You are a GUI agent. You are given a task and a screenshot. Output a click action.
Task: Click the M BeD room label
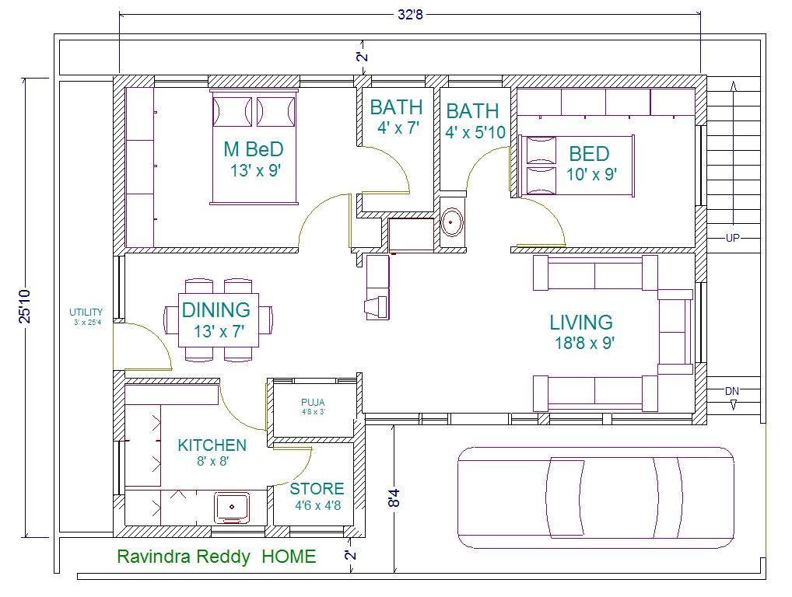[x=253, y=149]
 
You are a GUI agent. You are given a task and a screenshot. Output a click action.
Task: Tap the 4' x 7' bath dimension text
[x=398, y=128]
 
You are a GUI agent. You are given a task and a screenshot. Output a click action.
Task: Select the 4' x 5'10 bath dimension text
[x=475, y=133]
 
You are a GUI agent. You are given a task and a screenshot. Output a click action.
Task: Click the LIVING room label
[x=581, y=322]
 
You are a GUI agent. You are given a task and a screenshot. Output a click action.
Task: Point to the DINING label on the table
[x=216, y=310]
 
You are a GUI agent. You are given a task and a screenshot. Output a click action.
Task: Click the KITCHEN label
[x=212, y=445]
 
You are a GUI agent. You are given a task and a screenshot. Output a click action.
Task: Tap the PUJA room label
[x=313, y=403]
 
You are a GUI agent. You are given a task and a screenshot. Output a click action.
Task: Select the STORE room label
[x=317, y=489]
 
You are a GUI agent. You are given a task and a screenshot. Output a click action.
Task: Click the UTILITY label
[x=86, y=312]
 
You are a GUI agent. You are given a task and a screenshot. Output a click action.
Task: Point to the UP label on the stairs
[x=732, y=238]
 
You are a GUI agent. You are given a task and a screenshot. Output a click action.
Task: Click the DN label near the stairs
[x=732, y=390]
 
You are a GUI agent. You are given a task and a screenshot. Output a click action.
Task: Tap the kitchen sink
[x=232, y=507]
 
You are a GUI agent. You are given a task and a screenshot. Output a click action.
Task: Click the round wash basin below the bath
[x=452, y=223]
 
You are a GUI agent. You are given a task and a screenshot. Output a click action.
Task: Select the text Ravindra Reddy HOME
[x=216, y=557]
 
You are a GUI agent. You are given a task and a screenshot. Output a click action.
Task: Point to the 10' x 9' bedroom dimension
[x=592, y=174]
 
